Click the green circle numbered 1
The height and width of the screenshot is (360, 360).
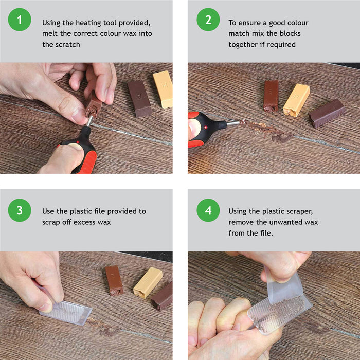pyautogui.click(x=20, y=21)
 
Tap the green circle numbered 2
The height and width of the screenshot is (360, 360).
pyautogui.click(x=208, y=21)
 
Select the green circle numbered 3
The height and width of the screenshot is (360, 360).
pyautogui.click(x=20, y=210)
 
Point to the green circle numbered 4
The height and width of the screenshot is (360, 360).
pyautogui.click(x=208, y=210)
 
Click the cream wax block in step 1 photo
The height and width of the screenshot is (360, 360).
pyautogui.click(x=163, y=89)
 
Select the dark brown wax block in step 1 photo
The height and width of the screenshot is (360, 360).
pyautogui.click(x=139, y=98)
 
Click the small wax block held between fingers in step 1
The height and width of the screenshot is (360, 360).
pyautogui.click(x=93, y=105)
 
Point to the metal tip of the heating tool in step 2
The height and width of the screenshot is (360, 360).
pyautogui.click(x=233, y=123)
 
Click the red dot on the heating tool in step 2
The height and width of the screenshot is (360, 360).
pyautogui.click(x=207, y=127)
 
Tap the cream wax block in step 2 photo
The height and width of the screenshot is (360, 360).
pyautogui.click(x=296, y=99)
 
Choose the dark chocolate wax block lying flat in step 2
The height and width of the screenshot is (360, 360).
pyautogui.click(x=327, y=113)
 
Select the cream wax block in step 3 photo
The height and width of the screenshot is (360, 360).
pyautogui.click(x=148, y=282)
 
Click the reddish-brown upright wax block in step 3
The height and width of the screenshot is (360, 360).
pyautogui.click(x=114, y=279)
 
